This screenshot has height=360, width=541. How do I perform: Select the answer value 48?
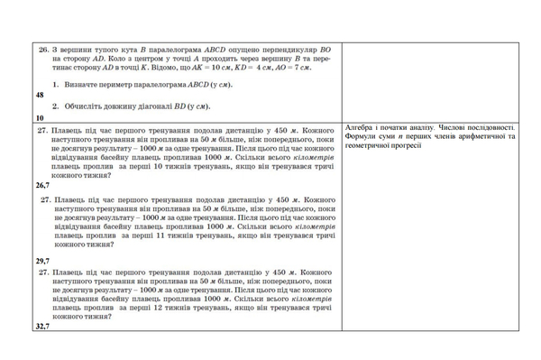point(39,94)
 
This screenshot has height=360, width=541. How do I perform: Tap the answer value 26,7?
point(42,184)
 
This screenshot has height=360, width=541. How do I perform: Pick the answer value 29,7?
point(42,260)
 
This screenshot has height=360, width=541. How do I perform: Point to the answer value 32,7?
point(42,327)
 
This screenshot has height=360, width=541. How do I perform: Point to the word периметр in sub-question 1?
point(115,84)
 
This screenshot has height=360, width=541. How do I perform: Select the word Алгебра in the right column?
point(361,128)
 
